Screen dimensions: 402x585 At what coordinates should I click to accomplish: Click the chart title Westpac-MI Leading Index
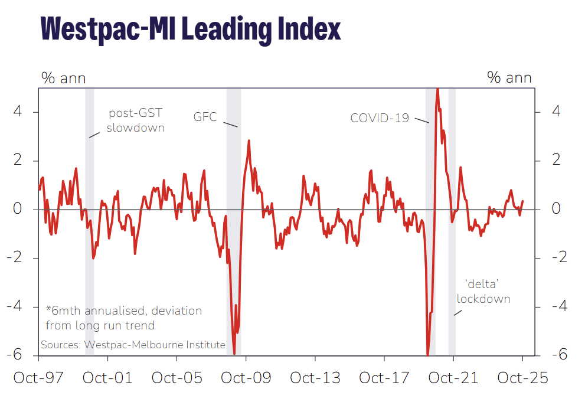coord(190,28)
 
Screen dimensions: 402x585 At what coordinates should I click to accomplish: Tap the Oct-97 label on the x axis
coord(38,378)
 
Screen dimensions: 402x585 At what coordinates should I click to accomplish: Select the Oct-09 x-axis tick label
coord(246,378)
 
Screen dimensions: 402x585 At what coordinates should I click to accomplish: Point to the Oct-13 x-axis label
coord(315,378)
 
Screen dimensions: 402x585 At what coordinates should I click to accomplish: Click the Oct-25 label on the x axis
coord(522,378)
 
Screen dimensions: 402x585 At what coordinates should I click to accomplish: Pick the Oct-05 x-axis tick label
coord(177,378)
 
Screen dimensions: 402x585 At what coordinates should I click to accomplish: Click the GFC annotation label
coord(205,117)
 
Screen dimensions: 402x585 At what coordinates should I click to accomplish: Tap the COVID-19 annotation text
coord(380,118)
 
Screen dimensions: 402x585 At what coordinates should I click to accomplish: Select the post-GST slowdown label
coord(135,120)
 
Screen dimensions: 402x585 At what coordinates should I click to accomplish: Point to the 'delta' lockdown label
coord(483,291)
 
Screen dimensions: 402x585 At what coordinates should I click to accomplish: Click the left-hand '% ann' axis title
coord(63,78)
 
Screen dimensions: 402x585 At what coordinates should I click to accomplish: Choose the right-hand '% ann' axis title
coord(509,78)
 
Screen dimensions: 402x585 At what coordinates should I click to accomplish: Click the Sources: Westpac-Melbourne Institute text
coord(133,344)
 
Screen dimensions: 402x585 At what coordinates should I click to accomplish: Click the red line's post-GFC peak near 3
coord(249,141)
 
